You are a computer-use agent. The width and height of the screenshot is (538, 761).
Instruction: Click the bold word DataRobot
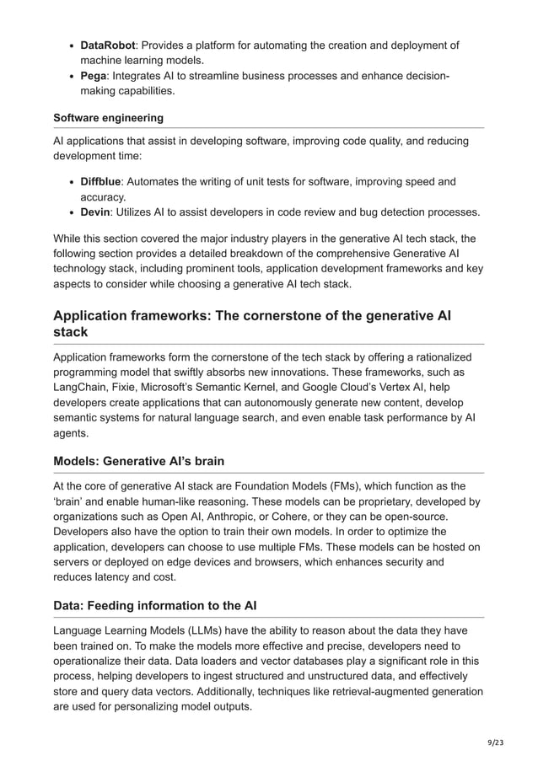click(108, 45)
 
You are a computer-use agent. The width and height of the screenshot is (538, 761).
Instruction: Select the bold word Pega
click(94, 77)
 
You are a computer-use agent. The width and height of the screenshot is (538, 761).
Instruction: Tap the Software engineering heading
click(108, 117)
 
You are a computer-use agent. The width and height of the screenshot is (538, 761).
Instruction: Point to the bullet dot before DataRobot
click(70, 46)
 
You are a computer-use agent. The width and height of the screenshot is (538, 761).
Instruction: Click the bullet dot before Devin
click(70, 212)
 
